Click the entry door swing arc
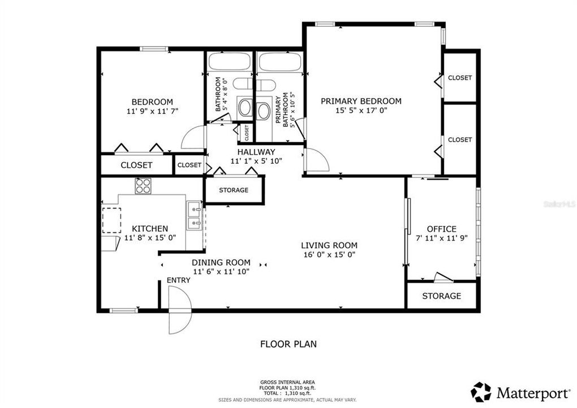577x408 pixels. pos(180,309)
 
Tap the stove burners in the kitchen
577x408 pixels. pos(143,185)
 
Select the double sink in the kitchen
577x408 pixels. pos(195,216)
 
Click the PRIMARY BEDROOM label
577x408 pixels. pos(361,101)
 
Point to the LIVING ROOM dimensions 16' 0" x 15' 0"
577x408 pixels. pos(329,254)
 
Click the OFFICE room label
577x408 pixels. pos(441,229)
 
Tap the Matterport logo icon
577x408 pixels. pos(481,392)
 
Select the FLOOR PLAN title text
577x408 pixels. pos(288,343)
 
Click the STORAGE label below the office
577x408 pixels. pos(441,296)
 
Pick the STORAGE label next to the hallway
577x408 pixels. pos(234,190)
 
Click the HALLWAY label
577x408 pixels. pos(256,152)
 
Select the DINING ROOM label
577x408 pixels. pos(221,262)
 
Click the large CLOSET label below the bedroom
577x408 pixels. pos(136,165)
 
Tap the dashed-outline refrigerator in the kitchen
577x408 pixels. pos(111,220)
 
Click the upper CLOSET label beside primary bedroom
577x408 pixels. pos(459,78)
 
